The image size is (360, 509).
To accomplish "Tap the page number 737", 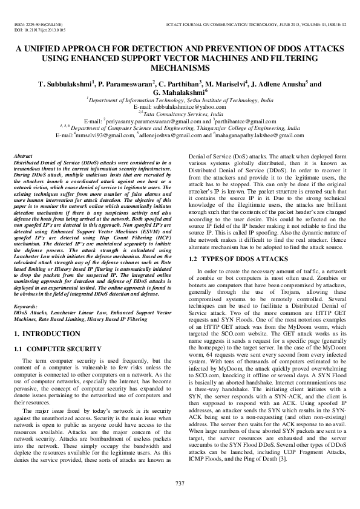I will tap(180, 482).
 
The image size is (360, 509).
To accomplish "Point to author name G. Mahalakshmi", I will tap(180, 92).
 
